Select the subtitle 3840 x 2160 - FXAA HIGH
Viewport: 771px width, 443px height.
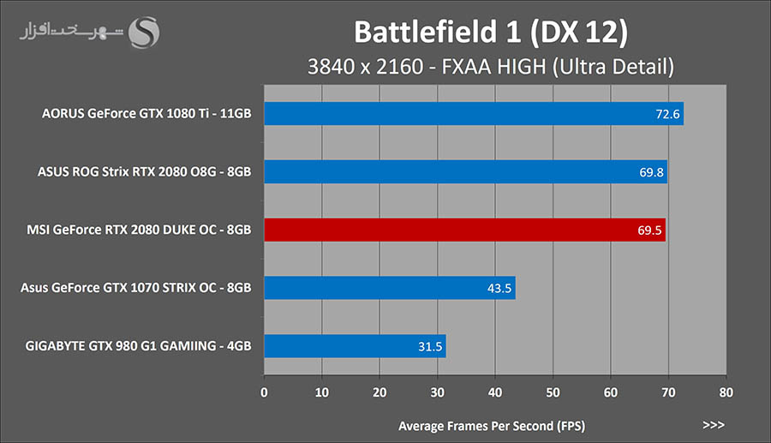[x=492, y=67]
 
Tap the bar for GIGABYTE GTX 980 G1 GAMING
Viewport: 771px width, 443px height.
[x=355, y=346]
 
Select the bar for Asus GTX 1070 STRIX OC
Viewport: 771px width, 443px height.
[x=390, y=288]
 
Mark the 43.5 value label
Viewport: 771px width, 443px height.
[x=499, y=288]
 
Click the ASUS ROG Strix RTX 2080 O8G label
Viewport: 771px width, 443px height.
[x=145, y=172]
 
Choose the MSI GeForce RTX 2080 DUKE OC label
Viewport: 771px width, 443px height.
[x=140, y=230]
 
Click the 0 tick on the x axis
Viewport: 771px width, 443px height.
[x=264, y=394]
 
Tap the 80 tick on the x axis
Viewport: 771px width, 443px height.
[x=726, y=394]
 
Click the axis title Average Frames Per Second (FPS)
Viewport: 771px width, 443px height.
[x=492, y=425]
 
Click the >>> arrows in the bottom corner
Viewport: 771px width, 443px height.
[x=713, y=425]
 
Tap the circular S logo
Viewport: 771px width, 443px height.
[x=143, y=35]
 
